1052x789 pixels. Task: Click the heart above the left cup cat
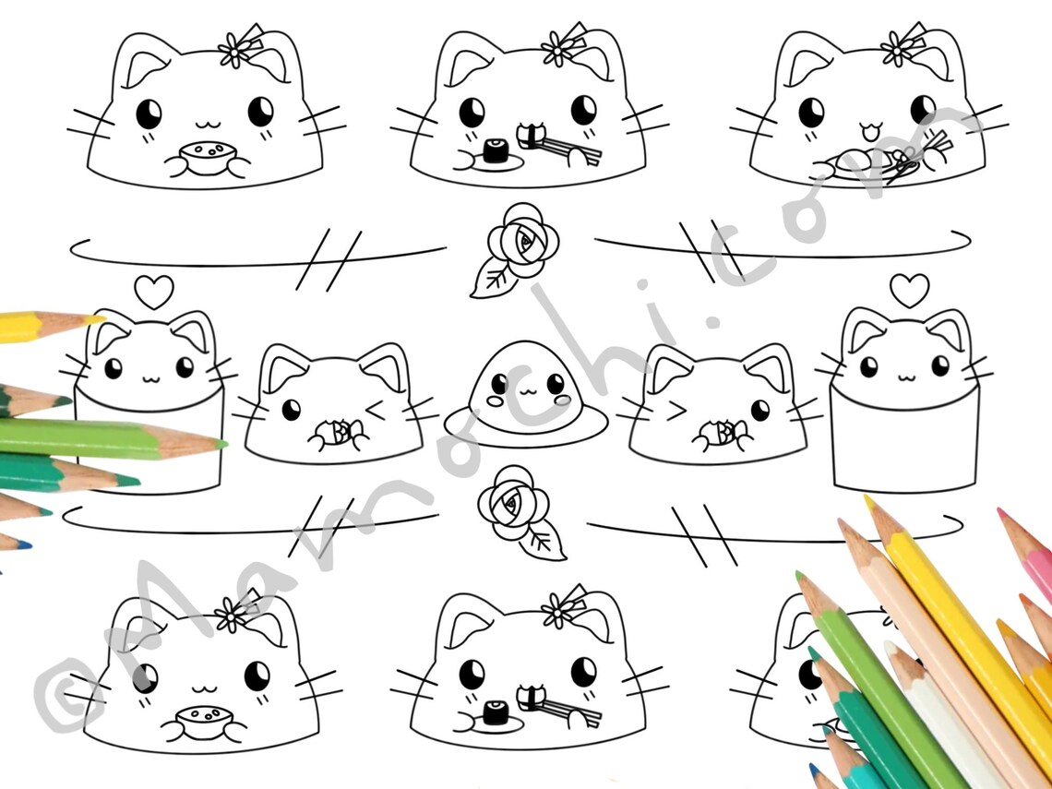153,293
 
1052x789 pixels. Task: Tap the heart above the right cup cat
909,290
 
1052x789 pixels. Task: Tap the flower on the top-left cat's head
235,49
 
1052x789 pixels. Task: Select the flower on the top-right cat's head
898,47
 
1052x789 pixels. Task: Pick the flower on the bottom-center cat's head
557,610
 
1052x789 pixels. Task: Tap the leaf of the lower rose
544,542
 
